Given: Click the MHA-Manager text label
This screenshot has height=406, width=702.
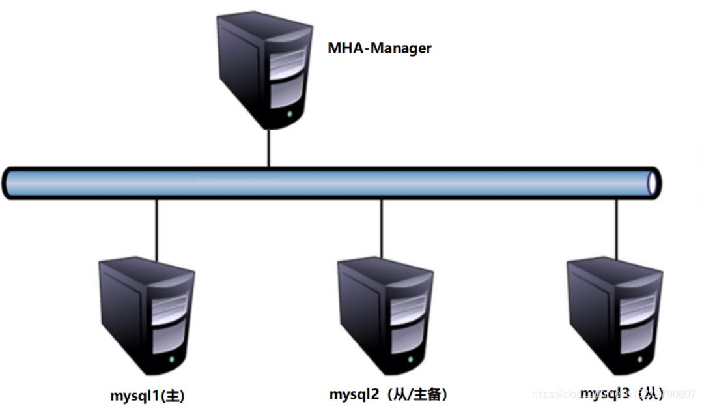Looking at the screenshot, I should click(379, 48).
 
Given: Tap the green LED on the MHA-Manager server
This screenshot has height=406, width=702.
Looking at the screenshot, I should click(290, 115).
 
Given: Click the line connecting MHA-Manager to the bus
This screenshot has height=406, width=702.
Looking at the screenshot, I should click(268, 148).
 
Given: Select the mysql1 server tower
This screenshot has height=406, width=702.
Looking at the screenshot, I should click(146, 313).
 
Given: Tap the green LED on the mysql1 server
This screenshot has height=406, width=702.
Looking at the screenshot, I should click(172, 360).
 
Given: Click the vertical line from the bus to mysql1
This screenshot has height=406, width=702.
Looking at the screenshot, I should click(157, 228).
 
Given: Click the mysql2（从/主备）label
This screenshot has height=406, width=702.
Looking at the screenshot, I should click(388, 394).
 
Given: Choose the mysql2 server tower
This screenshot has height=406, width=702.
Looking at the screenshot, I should click(384, 313).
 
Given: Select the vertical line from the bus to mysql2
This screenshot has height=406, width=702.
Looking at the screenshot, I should click(382, 228).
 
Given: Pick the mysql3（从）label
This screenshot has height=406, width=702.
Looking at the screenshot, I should click(622, 393).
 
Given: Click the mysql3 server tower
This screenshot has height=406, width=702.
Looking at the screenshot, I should click(612, 313).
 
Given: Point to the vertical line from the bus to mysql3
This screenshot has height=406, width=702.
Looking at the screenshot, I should click(616, 228).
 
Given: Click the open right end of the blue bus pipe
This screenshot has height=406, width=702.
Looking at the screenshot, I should click(653, 183).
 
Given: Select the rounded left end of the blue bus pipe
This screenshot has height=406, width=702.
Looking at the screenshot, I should click(9, 183).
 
